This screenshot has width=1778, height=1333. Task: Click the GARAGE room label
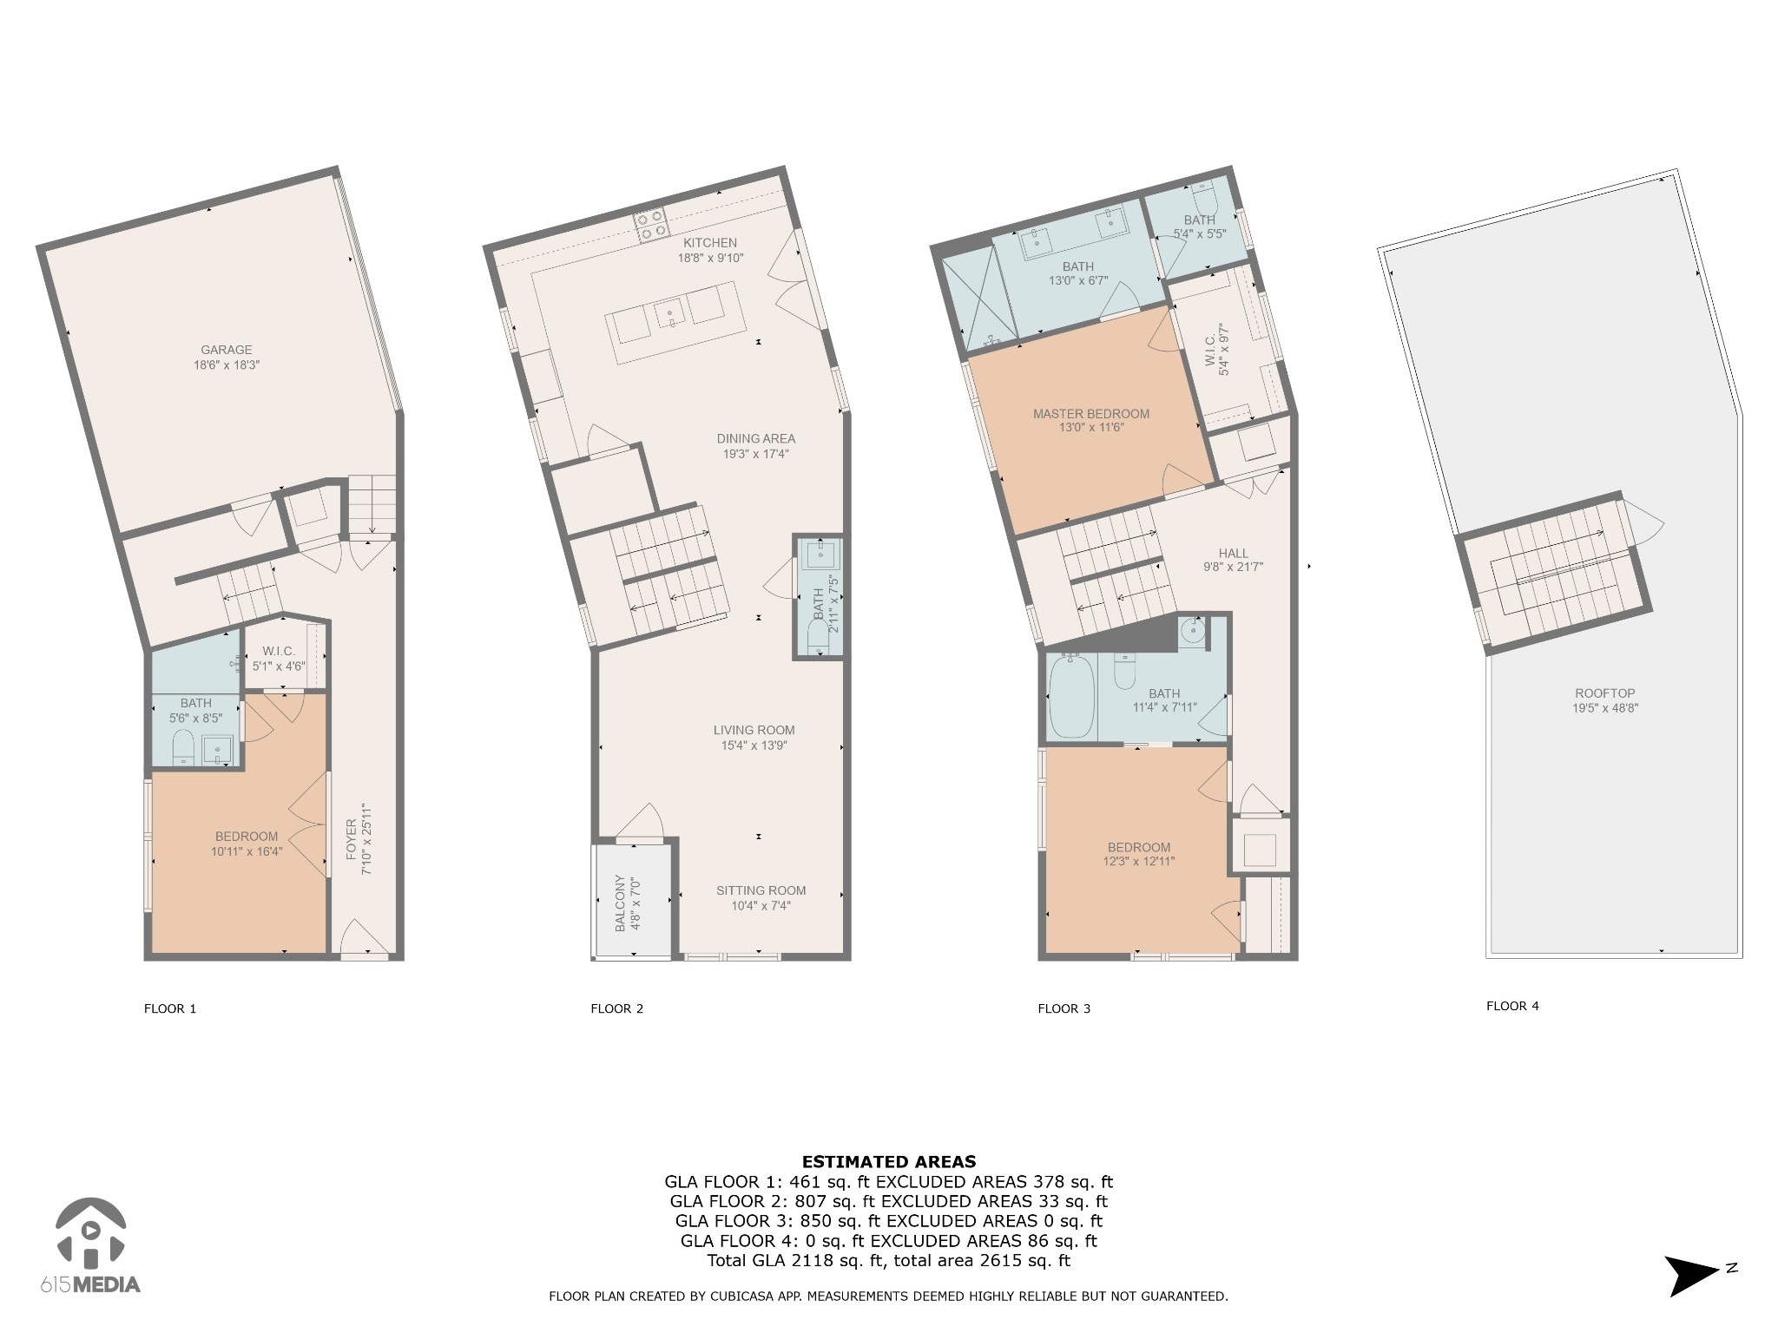(x=227, y=351)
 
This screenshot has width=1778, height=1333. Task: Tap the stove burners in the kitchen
(x=652, y=224)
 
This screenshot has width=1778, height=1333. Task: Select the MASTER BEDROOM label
(x=1091, y=414)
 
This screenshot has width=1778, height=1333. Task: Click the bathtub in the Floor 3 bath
(x=1072, y=697)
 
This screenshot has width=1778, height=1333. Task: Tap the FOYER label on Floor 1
(x=352, y=840)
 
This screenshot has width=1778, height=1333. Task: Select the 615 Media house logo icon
(x=90, y=1231)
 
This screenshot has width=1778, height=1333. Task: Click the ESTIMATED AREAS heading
(x=889, y=1162)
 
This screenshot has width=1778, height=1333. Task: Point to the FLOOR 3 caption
(x=1064, y=1008)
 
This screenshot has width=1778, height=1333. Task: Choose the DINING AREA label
(x=756, y=439)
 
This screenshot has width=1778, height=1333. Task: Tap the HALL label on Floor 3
(x=1234, y=553)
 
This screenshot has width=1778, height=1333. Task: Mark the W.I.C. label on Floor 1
(x=280, y=652)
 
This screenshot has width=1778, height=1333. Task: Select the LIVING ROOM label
(x=754, y=731)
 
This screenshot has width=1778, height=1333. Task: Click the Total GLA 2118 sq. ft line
(x=889, y=1261)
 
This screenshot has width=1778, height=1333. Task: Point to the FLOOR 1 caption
(x=170, y=1008)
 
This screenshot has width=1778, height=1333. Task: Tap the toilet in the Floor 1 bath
(x=183, y=748)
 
